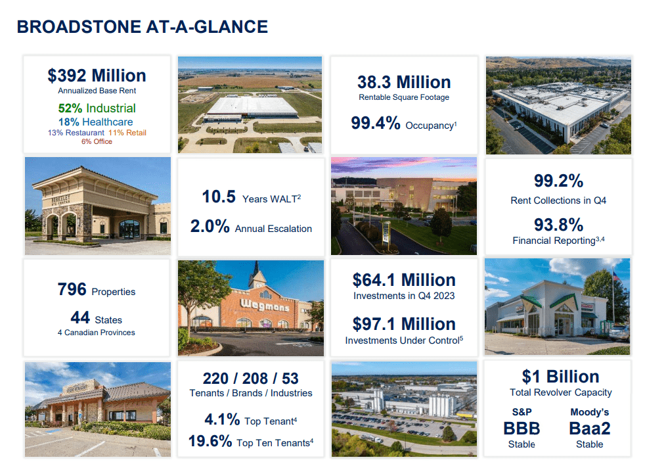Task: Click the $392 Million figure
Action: (x=97, y=76)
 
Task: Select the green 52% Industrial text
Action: (x=97, y=108)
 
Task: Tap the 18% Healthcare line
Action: (x=97, y=122)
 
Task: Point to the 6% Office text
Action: (x=97, y=141)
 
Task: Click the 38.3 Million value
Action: (x=404, y=82)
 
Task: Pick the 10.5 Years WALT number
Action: (x=219, y=197)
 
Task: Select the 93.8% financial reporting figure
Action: (x=558, y=225)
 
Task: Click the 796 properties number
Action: (x=72, y=289)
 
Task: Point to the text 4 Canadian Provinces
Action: (x=96, y=333)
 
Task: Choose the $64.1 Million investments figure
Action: (x=404, y=280)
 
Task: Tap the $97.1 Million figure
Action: (x=404, y=324)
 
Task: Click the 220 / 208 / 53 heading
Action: (x=251, y=378)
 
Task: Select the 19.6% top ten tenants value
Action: (x=210, y=441)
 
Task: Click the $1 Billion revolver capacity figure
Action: (x=560, y=377)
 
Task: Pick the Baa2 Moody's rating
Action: (x=589, y=429)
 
